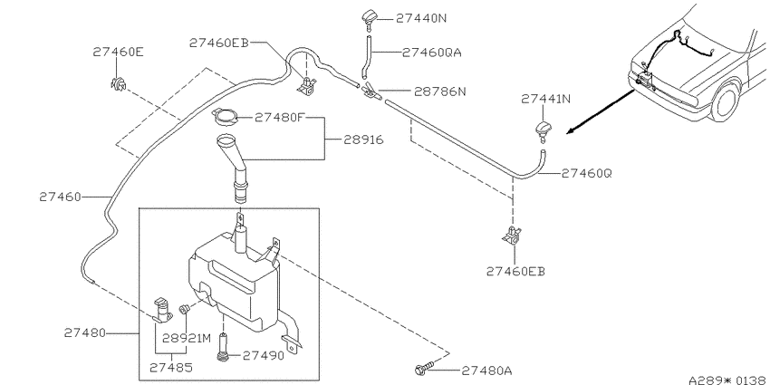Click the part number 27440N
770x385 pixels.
421,18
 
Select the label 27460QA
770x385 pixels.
431,52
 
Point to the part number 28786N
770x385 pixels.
439,91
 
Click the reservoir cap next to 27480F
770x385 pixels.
226,116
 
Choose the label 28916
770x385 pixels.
363,140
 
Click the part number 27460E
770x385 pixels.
118,52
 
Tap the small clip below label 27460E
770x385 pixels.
118,84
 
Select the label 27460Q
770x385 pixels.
586,173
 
